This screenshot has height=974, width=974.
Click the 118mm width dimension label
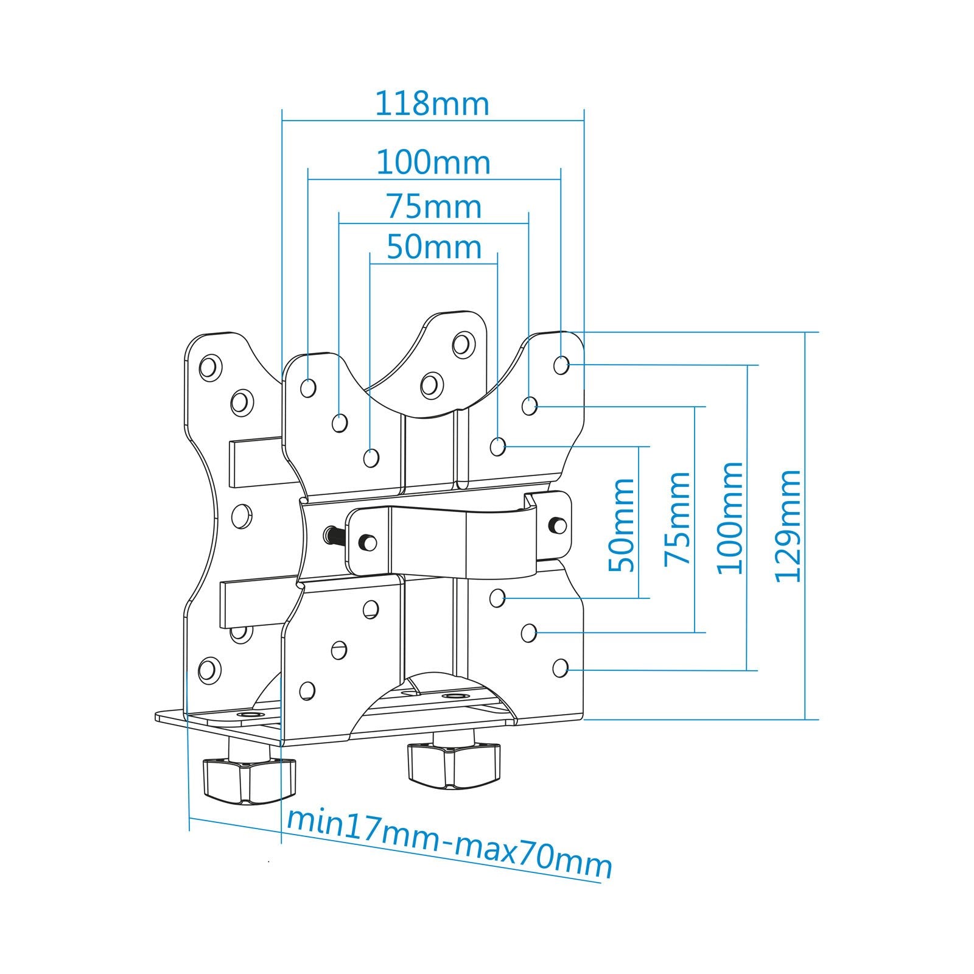pyautogui.click(x=432, y=104)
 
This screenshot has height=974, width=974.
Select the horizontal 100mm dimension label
pyautogui.click(x=433, y=163)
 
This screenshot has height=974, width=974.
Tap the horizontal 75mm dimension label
pyautogui.click(x=434, y=207)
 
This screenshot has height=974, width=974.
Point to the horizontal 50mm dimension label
pyautogui.click(x=434, y=247)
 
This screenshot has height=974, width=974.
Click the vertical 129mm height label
pyautogui.click(x=788, y=526)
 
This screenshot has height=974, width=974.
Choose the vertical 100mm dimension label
pyautogui.click(x=730, y=518)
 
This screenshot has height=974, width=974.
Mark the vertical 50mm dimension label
pyautogui.click(x=622, y=525)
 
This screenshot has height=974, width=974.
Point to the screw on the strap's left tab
pyautogui.click(x=367, y=540)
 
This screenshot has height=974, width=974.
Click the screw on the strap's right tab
pyautogui.click(x=556, y=524)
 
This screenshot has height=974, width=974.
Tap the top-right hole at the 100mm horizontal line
pyautogui.click(x=561, y=365)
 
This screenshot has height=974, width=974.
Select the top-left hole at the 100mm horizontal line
pyautogui.click(x=309, y=387)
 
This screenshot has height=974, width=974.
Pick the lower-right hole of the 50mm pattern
pyautogui.click(x=498, y=598)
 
